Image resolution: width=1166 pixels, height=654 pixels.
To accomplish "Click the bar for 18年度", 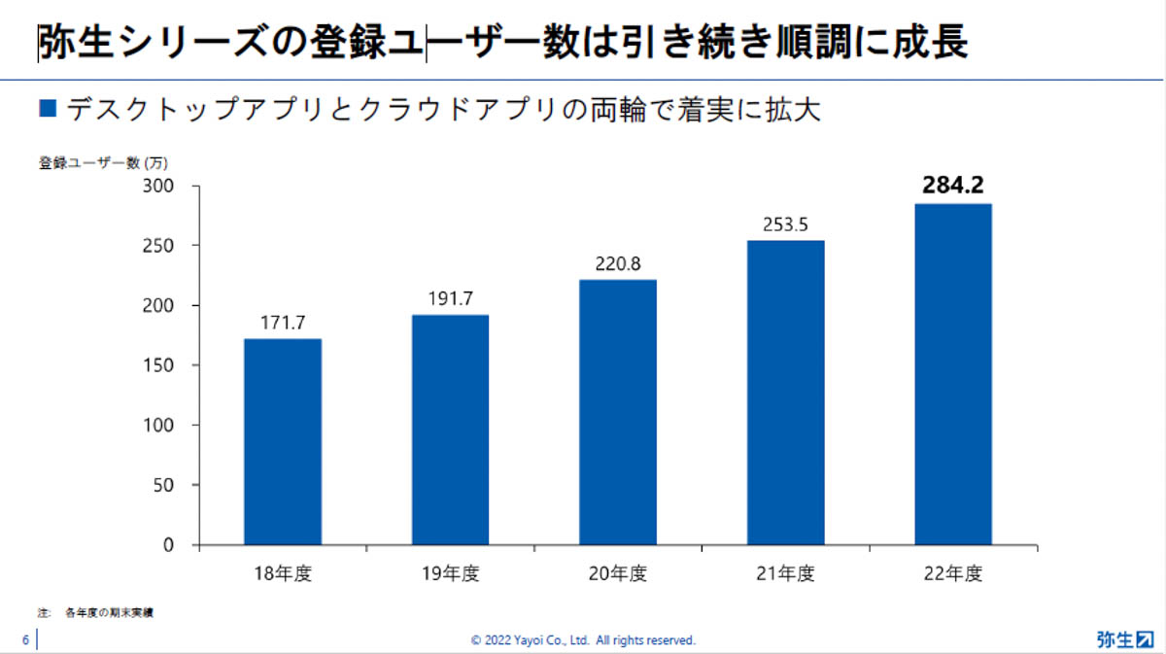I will point(283,441).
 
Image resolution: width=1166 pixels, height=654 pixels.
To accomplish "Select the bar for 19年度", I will point(450,430).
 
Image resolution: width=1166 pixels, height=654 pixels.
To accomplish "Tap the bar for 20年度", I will point(618,412).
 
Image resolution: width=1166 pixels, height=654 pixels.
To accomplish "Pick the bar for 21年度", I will point(785,393).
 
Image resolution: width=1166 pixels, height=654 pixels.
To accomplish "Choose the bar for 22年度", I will point(953,374).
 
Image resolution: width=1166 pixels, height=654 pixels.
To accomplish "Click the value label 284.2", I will point(953,186).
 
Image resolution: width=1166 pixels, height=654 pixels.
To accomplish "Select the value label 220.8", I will point(618,263).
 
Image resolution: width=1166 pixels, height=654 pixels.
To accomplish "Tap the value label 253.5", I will point(785,224).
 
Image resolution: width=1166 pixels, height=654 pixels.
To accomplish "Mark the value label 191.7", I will point(450,298).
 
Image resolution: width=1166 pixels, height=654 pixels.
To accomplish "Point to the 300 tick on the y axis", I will point(160,186).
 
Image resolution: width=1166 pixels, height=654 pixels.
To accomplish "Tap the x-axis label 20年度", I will point(618,574).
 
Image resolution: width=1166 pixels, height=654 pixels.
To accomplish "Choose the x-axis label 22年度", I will point(953,574).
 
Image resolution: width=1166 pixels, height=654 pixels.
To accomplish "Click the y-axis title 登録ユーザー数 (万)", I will point(96,162).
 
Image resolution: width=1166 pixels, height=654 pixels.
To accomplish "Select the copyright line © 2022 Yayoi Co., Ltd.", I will point(583,640).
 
